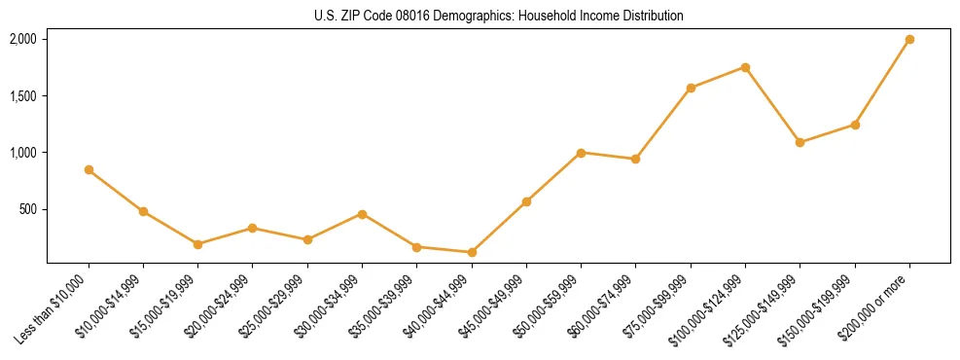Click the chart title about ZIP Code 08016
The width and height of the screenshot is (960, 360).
coord(499,17)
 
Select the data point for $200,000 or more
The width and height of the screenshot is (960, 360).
coord(909,40)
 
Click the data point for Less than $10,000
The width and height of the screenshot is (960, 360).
coord(89,170)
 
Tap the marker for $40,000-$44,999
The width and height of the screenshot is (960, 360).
coord(472,253)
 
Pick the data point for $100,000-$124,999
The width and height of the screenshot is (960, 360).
coord(745,67)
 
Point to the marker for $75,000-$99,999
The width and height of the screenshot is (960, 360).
coord(691,89)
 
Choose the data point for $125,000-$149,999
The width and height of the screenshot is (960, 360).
coord(800,143)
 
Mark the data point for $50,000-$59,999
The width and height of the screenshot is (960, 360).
coord(581,153)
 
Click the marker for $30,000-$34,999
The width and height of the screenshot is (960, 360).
coord(362,214)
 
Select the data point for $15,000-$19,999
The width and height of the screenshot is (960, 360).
coord(197,244)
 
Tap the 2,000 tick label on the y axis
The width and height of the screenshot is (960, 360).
coord(22,40)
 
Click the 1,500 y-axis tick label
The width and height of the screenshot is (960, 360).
coord(22,96)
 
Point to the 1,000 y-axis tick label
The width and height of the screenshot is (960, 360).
coord(22,153)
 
